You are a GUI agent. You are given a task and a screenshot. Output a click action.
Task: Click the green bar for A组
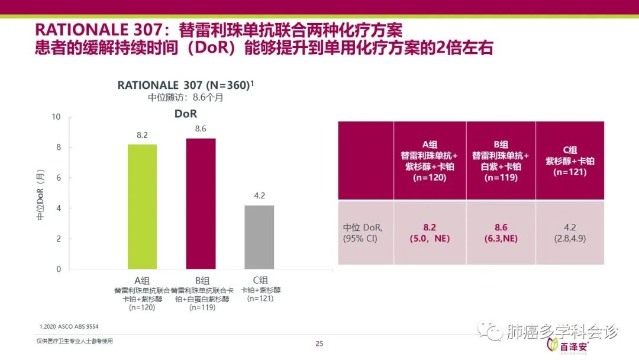point(143,207)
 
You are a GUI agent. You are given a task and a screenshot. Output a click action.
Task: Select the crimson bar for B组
point(201,204)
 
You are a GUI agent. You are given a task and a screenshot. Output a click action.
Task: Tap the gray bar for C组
point(259,237)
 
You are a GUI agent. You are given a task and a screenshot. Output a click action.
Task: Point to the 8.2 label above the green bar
point(143,136)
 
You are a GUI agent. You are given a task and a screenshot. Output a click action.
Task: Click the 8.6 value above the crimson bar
point(201,129)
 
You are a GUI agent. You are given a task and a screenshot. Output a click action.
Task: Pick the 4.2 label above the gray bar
point(259,196)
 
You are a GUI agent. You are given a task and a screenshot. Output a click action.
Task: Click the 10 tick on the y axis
point(57,117)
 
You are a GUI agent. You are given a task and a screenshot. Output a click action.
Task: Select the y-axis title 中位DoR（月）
point(40,195)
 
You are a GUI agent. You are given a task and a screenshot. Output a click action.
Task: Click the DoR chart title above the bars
point(185,113)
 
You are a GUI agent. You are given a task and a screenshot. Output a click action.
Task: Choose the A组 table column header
point(430,160)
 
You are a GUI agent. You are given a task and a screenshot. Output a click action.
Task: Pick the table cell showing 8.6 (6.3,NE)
point(501,233)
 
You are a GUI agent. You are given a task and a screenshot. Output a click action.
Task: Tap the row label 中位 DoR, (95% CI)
point(363,233)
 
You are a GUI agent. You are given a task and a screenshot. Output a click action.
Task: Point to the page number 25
point(319,344)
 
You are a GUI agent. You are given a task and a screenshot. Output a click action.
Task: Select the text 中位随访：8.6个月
point(185,98)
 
